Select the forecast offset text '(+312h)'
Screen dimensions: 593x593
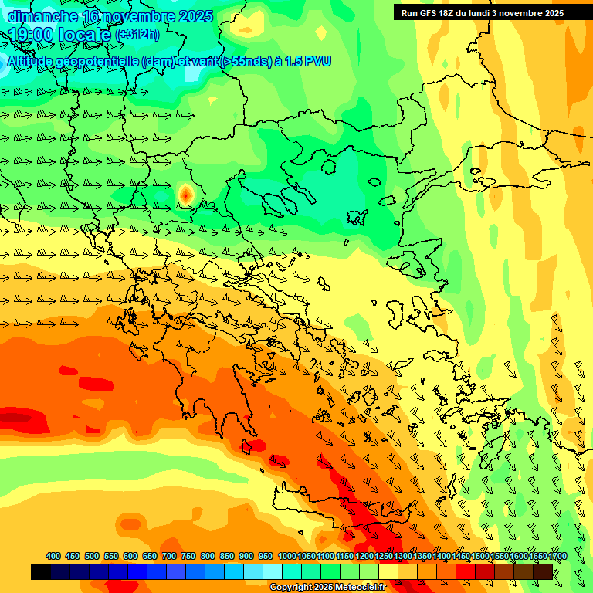[x=137, y=35]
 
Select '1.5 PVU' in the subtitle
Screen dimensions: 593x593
[x=308, y=61]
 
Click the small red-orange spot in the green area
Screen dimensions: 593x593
[x=185, y=195]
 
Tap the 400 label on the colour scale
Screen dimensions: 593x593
[x=53, y=557]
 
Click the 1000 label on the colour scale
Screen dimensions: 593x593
[x=287, y=557]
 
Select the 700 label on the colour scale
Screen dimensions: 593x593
[x=169, y=557]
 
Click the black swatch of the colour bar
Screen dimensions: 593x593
[x=41, y=571]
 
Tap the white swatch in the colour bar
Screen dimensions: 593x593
[x=272, y=571]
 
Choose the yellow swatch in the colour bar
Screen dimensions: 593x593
[x=388, y=571]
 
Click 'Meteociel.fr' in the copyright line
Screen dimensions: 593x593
[x=357, y=588]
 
